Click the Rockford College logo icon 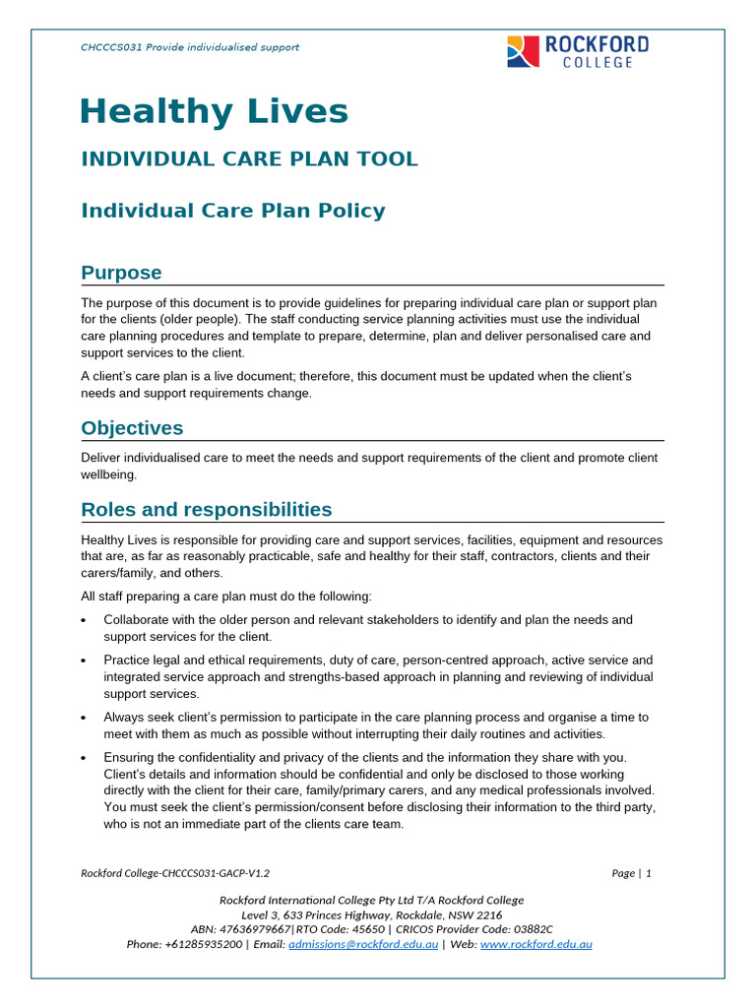pos(523,51)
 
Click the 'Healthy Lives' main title pos(214,111)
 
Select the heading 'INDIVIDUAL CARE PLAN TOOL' pos(249,158)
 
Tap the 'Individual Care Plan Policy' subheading pos(232,211)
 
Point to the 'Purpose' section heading pos(121,273)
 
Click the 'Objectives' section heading pos(132,428)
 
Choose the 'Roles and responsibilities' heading pos(206,509)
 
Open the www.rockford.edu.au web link pos(535,944)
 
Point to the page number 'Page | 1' pos(631,873)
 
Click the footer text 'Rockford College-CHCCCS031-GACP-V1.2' pos(174,873)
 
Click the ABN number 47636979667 pos(256,929)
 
